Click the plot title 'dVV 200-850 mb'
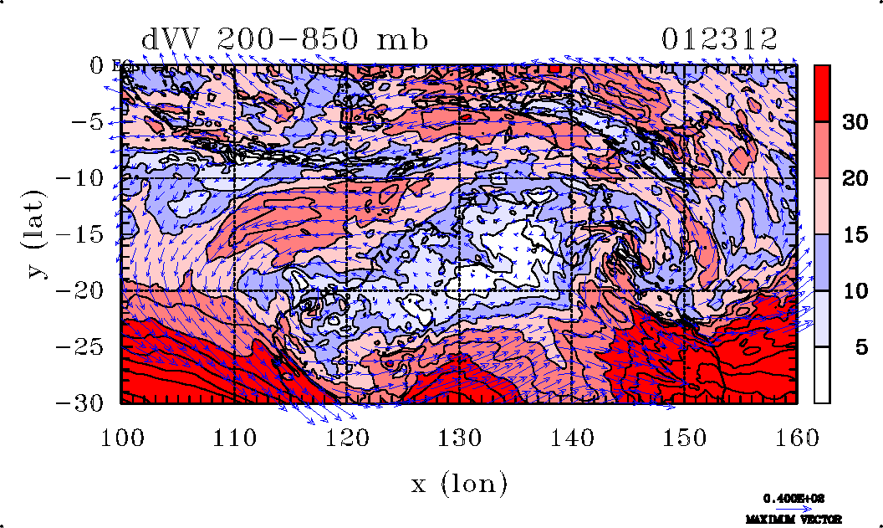[x=284, y=39]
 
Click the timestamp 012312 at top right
[x=720, y=39]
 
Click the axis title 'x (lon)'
[x=459, y=483]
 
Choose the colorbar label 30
[x=854, y=122]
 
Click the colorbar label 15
[x=854, y=234]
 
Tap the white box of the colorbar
[x=822, y=375]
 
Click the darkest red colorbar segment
[x=822, y=93]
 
